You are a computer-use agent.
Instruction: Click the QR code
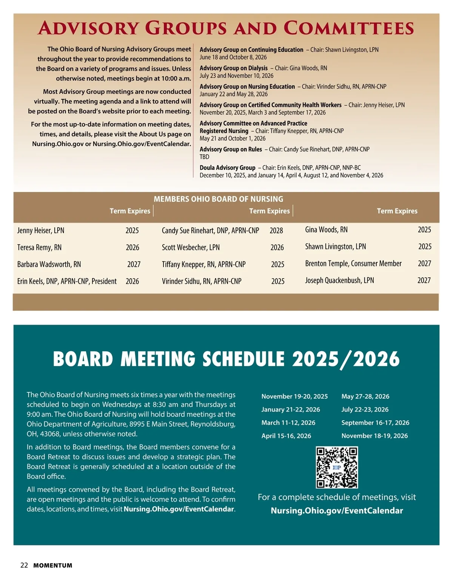(x=337, y=467)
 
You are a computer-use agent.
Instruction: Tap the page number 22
(x=24, y=565)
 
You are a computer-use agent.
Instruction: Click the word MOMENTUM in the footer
(x=52, y=566)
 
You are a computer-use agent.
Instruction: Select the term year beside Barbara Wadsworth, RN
(x=134, y=264)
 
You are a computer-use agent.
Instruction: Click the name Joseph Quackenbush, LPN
(x=339, y=280)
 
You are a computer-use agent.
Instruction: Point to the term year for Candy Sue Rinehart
(x=276, y=231)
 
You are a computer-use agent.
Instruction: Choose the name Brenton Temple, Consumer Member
(x=353, y=263)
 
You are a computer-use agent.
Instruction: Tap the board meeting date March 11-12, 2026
(x=288, y=423)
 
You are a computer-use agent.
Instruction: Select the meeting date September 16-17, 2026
(x=375, y=423)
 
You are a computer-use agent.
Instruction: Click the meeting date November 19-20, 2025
(x=294, y=396)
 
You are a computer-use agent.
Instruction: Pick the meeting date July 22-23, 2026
(x=365, y=409)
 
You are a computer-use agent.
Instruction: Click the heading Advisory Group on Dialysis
(x=233, y=68)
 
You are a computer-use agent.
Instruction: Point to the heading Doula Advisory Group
(x=227, y=167)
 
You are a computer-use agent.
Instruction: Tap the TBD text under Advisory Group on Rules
(x=204, y=157)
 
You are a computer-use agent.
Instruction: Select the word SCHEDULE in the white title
(x=243, y=359)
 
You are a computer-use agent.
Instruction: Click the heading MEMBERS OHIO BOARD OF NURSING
(x=218, y=199)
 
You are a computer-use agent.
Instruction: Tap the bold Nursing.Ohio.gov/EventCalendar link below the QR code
(x=337, y=511)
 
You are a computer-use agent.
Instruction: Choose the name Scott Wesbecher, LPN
(x=191, y=248)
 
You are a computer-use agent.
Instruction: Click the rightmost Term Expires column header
(x=397, y=211)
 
